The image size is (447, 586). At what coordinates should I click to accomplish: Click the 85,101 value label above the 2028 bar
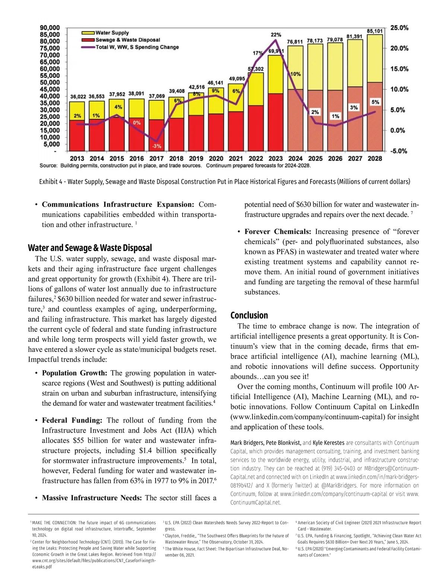pyautogui.click(x=375, y=31)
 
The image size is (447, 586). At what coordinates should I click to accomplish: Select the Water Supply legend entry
pyautogui.click(x=112, y=33)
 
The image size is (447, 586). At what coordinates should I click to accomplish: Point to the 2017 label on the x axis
pyautogui.click(x=156, y=158)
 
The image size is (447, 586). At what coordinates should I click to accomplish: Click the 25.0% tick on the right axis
pyautogui.click(x=399, y=28)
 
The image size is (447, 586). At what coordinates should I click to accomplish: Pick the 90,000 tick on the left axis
pyautogui.click(x=50, y=28)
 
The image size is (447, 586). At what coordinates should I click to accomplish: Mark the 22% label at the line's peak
pyautogui.click(x=276, y=35)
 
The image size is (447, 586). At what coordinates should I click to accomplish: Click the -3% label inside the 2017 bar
pyautogui.click(x=156, y=146)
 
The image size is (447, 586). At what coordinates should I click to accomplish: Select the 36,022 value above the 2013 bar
pyautogui.click(x=78, y=97)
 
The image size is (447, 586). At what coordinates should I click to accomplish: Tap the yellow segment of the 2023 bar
pyautogui.click(x=276, y=74)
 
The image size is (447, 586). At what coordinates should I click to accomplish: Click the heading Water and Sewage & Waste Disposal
pyautogui.click(x=90, y=248)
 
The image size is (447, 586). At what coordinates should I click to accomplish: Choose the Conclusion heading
pyautogui.click(x=249, y=315)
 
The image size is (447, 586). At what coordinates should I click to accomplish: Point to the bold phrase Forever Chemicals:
pyautogui.click(x=278, y=231)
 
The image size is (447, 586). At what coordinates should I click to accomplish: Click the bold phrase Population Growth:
pyautogui.click(x=74, y=373)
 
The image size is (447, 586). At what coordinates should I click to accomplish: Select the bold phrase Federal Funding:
pyautogui.click(x=72, y=420)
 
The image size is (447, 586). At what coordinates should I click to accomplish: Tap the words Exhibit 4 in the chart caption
pyautogui.click(x=51, y=182)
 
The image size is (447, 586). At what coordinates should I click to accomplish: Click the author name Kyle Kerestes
pyautogui.click(x=328, y=443)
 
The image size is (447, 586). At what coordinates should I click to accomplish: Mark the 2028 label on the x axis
pyautogui.click(x=375, y=158)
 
